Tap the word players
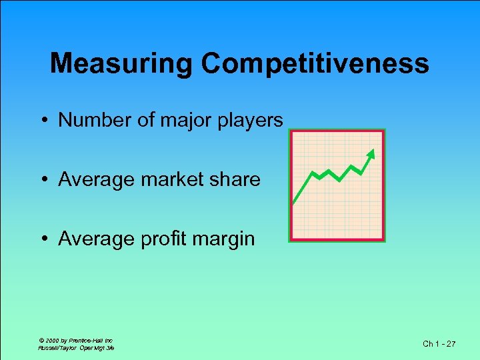pyautogui.click(x=249, y=121)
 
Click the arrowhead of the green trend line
pyautogui.click(x=372, y=153)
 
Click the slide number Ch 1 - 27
pyautogui.click(x=439, y=343)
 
